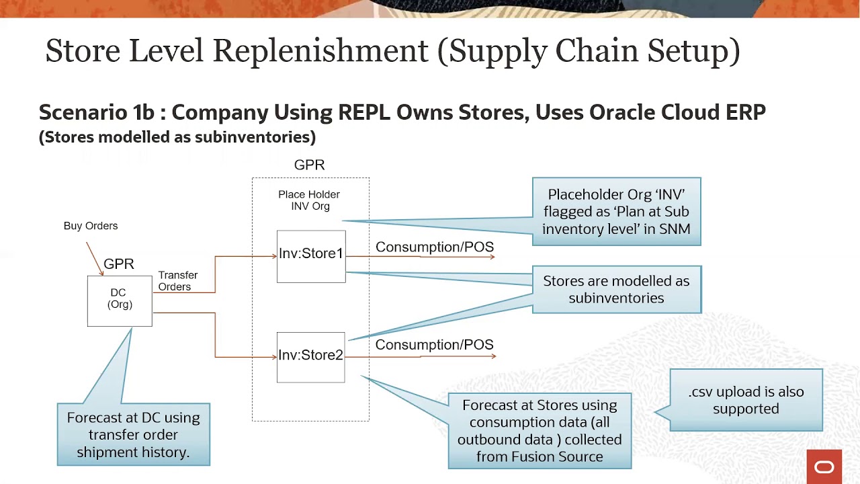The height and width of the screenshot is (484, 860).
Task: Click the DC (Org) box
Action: [x=120, y=300]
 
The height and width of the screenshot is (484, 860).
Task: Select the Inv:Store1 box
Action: [x=311, y=255]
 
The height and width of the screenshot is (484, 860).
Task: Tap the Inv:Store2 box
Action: [x=310, y=357]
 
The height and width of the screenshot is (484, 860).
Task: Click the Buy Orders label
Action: [x=91, y=226]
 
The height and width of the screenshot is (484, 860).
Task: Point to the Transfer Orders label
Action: [x=177, y=281]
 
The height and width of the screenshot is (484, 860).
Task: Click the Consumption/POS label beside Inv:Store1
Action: [x=434, y=247]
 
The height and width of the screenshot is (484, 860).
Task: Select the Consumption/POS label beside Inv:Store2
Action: [x=434, y=345]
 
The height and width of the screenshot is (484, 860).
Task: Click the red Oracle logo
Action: [x=824, y=467]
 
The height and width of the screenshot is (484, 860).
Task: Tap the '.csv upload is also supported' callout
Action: [x=746, y=400]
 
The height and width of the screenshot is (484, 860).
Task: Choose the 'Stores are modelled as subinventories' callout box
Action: [x=616, y=290]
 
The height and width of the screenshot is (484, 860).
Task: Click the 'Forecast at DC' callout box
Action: [x=134, y=434]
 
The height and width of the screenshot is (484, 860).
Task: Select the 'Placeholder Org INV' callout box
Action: [x=616, y=212]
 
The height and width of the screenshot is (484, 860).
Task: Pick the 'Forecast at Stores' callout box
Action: [x=540, y=431]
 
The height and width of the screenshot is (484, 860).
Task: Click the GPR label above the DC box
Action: [x=119, y=264]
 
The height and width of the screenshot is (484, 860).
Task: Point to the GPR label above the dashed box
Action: [x=309, y=165]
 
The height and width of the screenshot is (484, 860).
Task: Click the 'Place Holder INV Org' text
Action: [x=309, y=200]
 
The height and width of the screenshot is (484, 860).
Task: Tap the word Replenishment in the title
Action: [x=320, y=51]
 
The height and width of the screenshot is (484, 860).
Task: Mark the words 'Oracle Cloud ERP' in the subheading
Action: [x=677, y=112]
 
